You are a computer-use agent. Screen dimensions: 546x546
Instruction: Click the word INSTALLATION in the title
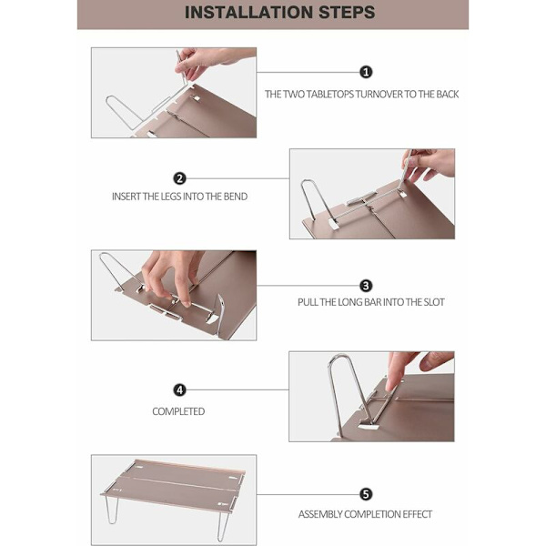click(249, 12)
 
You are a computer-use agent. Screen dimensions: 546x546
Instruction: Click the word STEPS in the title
click(348, 12)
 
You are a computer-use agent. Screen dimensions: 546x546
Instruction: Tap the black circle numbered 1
click(366, 73)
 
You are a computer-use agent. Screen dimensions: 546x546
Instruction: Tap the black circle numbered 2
click(179, 178)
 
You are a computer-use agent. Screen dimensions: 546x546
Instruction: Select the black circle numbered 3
click(366, 286)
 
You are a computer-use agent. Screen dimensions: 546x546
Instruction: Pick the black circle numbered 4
click(179, 390)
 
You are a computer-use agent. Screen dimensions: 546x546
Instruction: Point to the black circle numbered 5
click(366, 494)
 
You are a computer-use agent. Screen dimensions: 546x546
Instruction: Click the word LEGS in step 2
click(171, 197)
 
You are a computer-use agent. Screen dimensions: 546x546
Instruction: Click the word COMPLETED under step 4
click(178, 411)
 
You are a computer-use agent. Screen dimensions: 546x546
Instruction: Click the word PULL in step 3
click(308, 302)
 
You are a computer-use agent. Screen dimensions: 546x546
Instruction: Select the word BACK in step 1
click(448, 95)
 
